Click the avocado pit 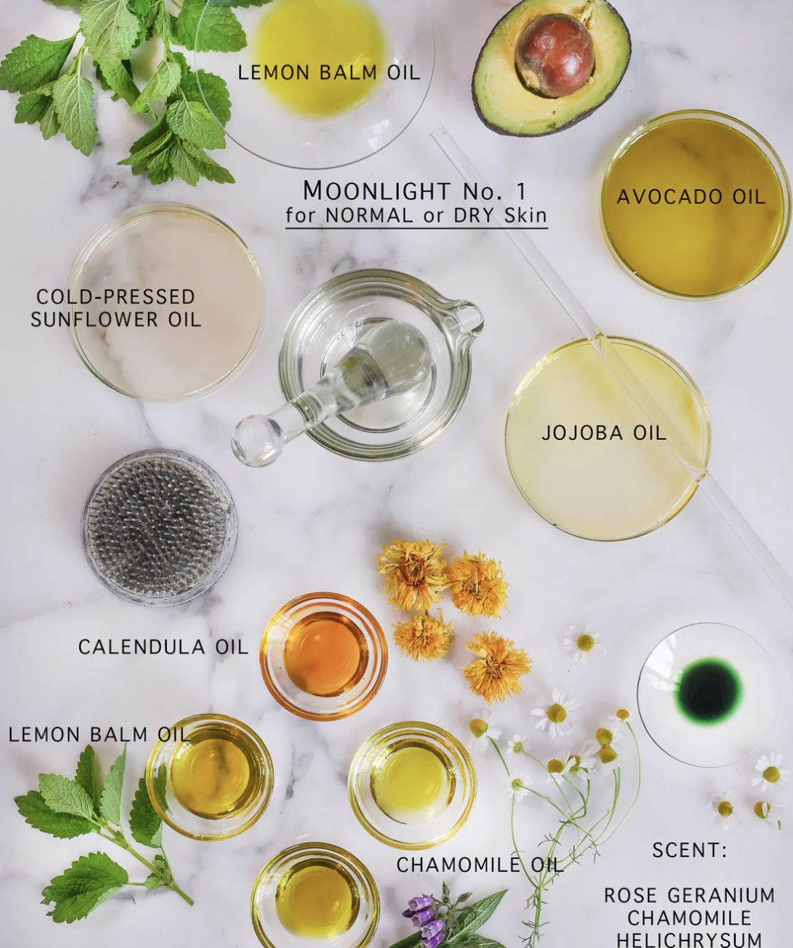554,55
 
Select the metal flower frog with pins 159,527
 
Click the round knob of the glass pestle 255,441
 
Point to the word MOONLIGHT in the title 378,191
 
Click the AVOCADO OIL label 691,197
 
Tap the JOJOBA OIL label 604,433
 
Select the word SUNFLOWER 94,319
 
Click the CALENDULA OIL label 163,647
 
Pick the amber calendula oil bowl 324,656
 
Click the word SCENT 690,850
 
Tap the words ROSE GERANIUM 690,896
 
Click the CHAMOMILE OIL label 480,865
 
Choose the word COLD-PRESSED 115,297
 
